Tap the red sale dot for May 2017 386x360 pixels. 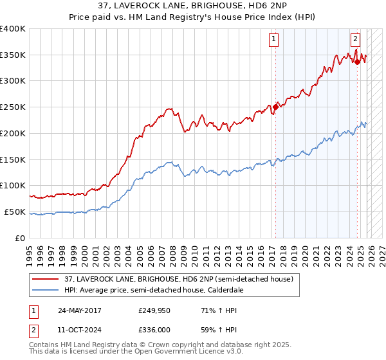(x=276, y=107)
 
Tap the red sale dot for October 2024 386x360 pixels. (x=358, y=62)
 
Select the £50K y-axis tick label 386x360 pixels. (x=15, y=212)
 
